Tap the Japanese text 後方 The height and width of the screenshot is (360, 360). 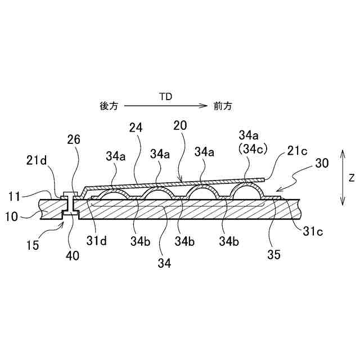tap(109, 106)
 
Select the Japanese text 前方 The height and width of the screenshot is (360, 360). tap(223, 106)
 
